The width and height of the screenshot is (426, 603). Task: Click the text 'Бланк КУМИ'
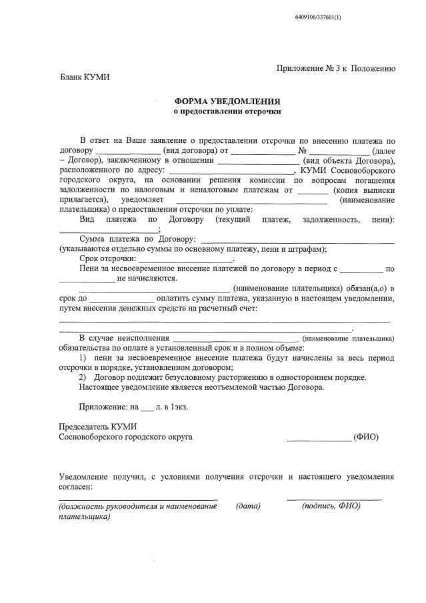click(x=85, y=77)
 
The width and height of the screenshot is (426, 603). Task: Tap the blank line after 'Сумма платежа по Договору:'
click(x=297, y=240)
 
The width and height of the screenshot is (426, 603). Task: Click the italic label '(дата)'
click(x=248, y=506)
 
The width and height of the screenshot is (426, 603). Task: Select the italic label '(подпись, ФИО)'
click(x=331, y=506)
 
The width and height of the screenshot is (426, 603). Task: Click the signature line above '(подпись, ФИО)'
click(x=334, y=499)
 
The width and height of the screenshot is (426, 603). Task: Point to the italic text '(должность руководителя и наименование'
click(x=138, y=506)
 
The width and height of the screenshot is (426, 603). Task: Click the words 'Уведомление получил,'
click(x=100, y=477)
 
